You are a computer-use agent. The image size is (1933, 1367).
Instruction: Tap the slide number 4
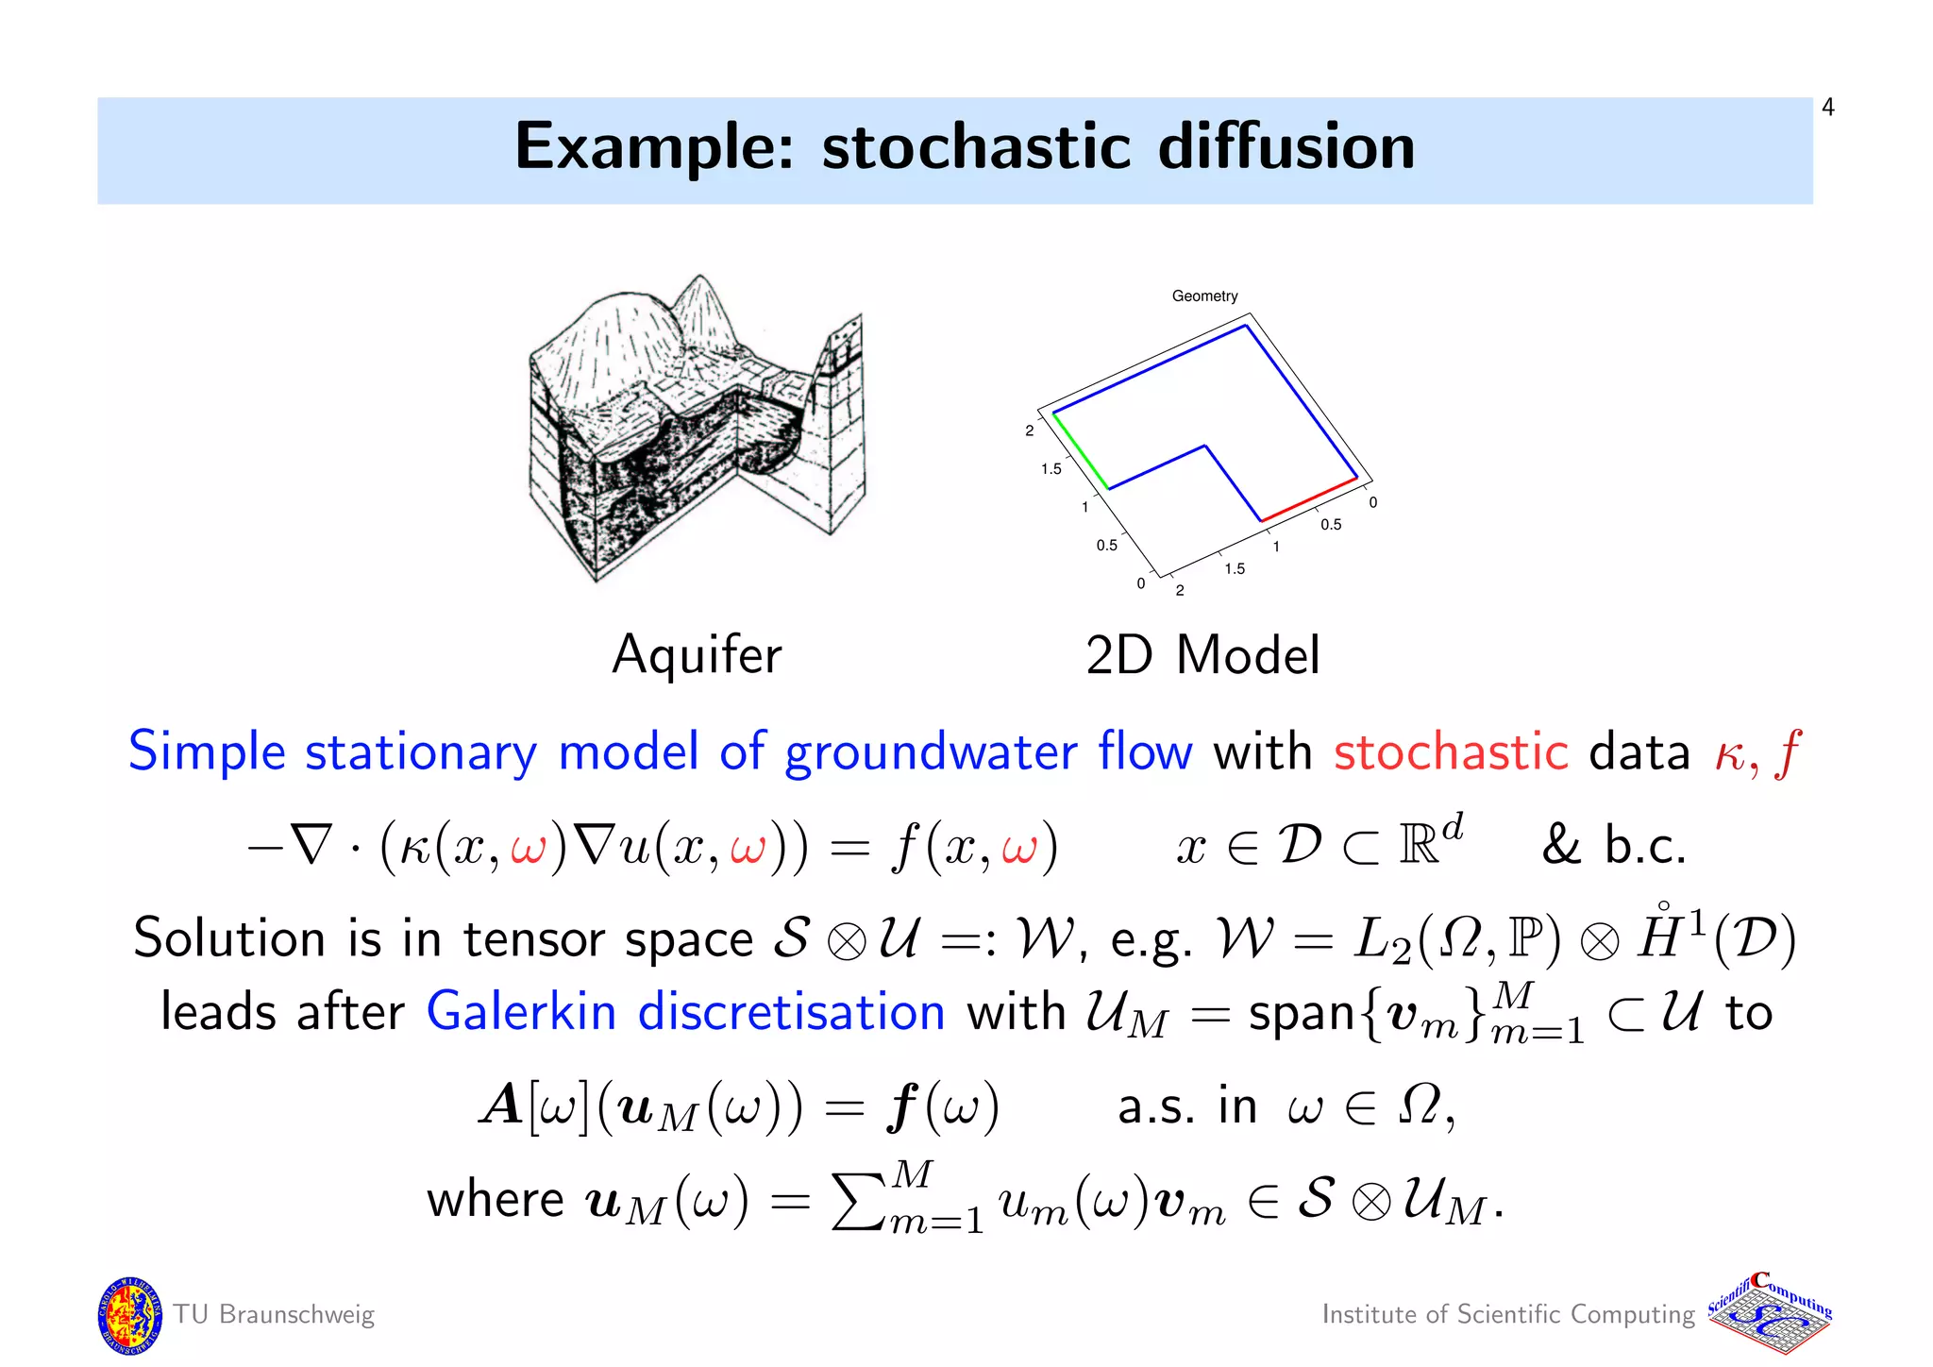click(1828, 108)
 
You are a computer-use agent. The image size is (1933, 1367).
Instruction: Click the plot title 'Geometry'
click(1204, 296)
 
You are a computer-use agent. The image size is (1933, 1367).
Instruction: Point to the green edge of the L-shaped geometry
click(1081, 451)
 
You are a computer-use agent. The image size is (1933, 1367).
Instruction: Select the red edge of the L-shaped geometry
click(1310, 500)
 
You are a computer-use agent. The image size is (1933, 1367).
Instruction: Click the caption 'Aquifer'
click(697, 654)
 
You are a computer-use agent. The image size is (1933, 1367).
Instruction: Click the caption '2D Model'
click(1202, 655)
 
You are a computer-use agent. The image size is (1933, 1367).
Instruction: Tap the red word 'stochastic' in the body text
click(1451, 752)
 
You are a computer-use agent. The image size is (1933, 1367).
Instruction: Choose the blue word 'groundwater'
click(931, 753)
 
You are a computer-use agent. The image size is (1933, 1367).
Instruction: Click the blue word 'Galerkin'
click(521, 1012)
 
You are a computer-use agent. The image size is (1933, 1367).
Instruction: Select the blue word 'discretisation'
click(791, 1012)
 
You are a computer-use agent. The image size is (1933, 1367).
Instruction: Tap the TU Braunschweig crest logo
click(128, 1315)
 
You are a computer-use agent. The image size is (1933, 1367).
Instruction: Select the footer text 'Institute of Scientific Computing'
click(1508, 1314)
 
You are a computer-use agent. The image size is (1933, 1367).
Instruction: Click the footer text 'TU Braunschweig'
click(274, 1314)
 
